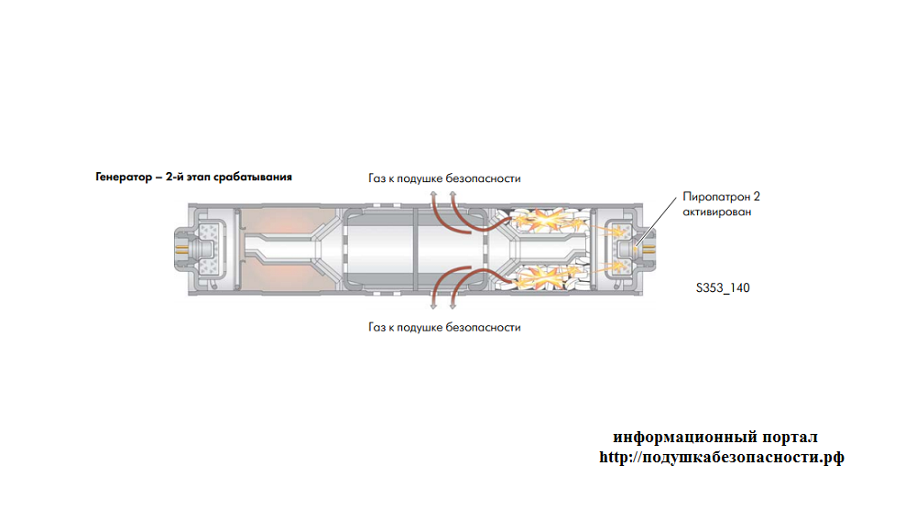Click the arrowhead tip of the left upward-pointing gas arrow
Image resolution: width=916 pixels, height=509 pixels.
(433, 190)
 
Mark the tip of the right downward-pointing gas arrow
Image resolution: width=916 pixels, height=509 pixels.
(453, 309)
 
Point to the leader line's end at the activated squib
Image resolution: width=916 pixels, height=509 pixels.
(635, 245)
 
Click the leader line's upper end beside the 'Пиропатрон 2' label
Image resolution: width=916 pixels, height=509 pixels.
(676, 198)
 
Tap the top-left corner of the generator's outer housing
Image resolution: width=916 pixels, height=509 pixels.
(188, 204)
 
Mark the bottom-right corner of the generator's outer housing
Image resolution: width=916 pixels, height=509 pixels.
(643, 295)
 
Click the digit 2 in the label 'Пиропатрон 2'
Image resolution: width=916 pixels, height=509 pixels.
(757, 197)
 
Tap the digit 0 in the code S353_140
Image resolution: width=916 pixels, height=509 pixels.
(746, 287)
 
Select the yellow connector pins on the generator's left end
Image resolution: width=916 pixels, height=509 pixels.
(181, 249)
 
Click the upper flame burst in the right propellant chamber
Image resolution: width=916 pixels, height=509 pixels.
(540, 221)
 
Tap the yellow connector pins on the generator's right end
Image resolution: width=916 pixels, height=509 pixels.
(649, 249)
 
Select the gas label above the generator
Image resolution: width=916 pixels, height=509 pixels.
(444, 178)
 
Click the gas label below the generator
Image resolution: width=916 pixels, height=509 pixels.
(444, 327)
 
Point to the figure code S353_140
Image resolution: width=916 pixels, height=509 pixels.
(723, 287)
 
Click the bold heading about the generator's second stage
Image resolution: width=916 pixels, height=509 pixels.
(193, 177)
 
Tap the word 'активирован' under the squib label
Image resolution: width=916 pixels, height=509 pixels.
(717, 211)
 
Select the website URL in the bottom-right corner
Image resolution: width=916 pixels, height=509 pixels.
(722, 457)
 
